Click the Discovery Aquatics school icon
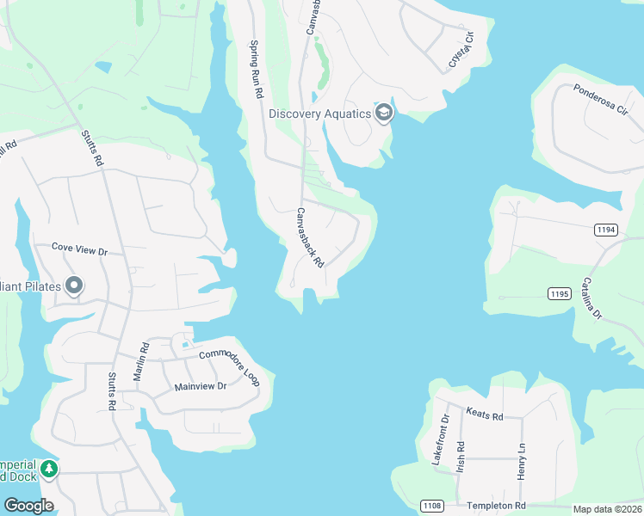383,113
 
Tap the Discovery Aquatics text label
319,114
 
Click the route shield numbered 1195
559,293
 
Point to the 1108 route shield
432,506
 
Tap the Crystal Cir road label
462,51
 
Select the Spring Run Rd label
255,68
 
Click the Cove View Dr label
78,249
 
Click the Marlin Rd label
143,362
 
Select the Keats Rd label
485,415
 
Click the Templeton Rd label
496,506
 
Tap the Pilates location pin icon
74,285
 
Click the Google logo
29,506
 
